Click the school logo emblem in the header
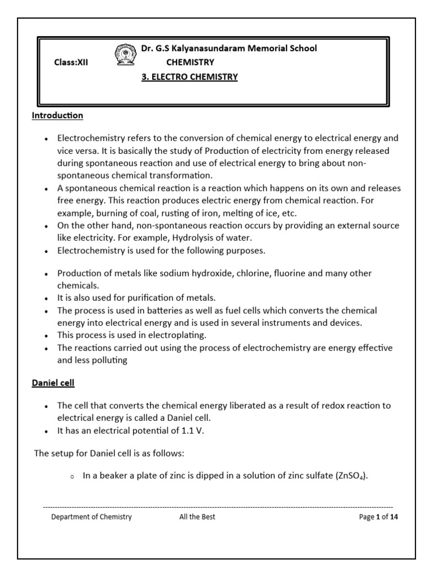tap(125, 56)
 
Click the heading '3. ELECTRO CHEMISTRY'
tap(189, 77)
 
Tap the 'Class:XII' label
tap(71, 63)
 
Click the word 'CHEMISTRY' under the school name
tap(190, 63)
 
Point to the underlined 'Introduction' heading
tap(56, 116)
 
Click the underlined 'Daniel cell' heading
tap(54, 383)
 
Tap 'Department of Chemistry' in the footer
tap(91, 517)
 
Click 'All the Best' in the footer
tap(193, 517)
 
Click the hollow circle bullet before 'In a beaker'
tap(72, 477)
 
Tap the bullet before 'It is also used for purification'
tap(46, 298)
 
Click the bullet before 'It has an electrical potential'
tap(46, 431)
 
